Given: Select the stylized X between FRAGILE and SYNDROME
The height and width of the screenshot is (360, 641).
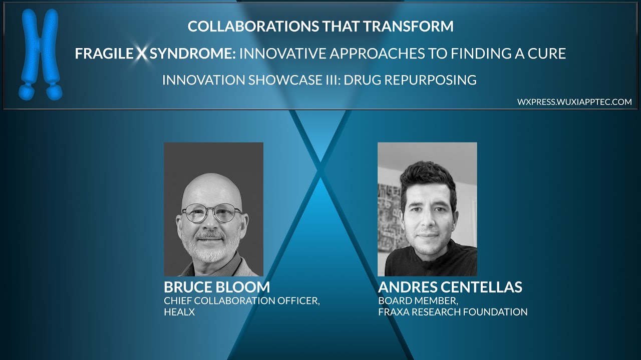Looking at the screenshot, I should tap(142, 53).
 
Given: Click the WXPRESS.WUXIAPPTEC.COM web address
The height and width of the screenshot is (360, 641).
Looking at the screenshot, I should tap(574, 102).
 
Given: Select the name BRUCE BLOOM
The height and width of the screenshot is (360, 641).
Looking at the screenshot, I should tap(217, 287).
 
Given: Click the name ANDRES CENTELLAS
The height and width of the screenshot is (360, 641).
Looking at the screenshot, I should tap(450, 287).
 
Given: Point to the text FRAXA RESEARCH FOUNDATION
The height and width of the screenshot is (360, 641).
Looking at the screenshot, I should tap(453, 312).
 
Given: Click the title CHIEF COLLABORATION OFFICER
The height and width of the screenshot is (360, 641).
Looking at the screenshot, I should tap(241, 301).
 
